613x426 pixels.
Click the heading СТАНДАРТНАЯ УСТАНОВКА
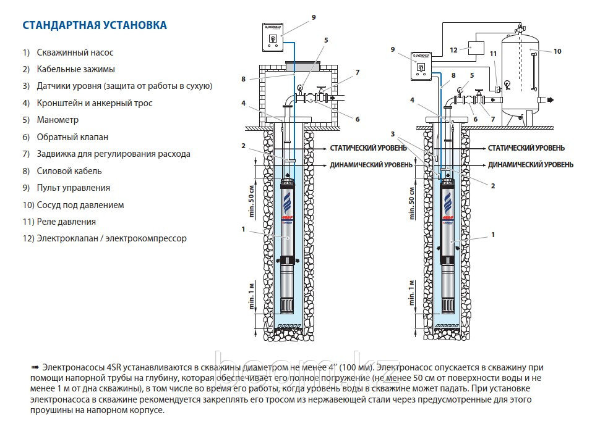95,25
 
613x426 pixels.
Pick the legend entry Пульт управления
73,188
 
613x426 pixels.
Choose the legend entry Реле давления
66,221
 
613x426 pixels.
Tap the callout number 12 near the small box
453,50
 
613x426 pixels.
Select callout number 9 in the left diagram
314,17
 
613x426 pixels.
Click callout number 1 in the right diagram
492,235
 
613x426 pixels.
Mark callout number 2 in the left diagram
244,146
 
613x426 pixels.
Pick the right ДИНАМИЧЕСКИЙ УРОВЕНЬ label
530,165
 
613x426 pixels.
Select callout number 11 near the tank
493,54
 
